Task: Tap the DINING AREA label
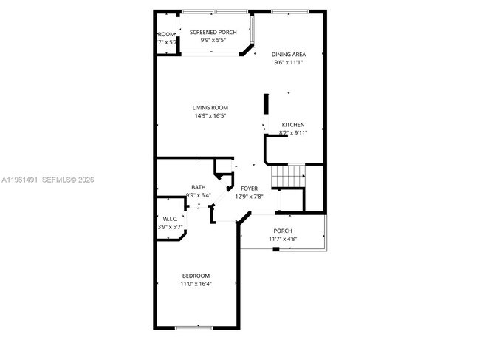point(289,54)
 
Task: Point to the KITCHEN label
point(292,125)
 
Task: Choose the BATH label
point(199,187)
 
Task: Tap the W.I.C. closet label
point(171,219)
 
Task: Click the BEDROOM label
point(196,276)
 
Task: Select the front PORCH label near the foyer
point(282,231)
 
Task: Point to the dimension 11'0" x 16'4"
point(196,284)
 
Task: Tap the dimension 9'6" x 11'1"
point(289,62)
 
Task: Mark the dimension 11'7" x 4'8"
point(282,239)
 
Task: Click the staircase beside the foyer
point(288,176)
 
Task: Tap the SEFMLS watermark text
point(65,179)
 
